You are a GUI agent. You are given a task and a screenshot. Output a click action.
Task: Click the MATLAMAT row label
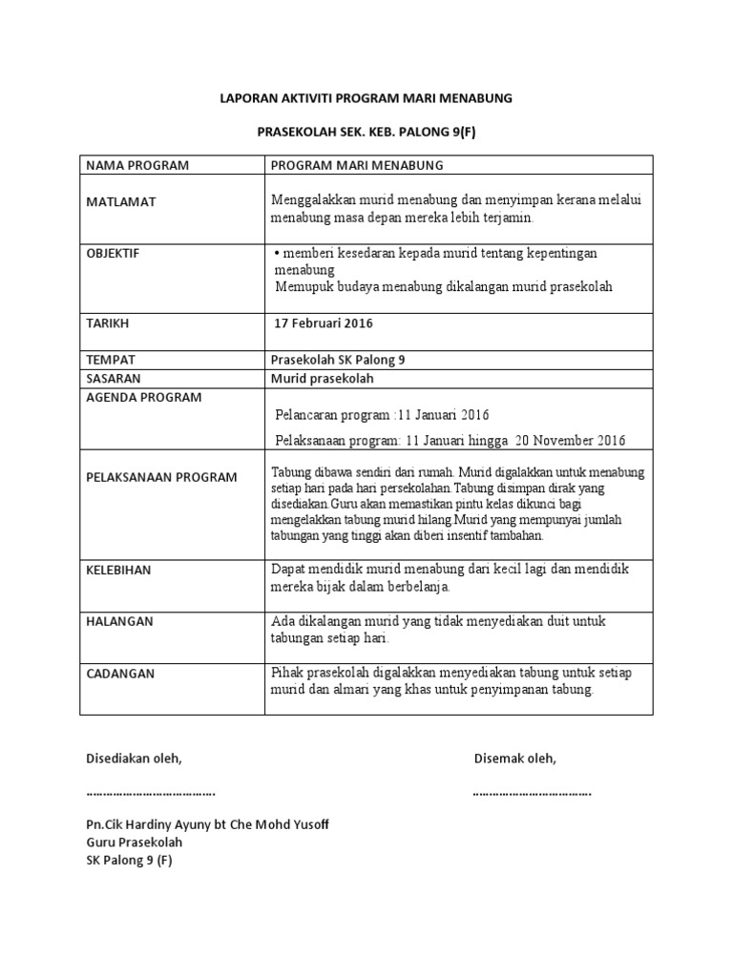pyautogui.click(x=120, y=202)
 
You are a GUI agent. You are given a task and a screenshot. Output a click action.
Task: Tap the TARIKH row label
pyautogui.click(x=107, y=323)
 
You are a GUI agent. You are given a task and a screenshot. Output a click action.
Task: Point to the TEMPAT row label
pyautogui.click(x=110, y=360)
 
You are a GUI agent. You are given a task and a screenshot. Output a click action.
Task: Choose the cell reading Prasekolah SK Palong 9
pyautogui.click(x=345, y=360)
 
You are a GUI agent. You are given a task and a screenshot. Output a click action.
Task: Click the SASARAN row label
pyautogui.click(x=115, y=378)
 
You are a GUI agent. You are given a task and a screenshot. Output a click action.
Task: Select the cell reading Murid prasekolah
pyautogui.click(x=323, y=378)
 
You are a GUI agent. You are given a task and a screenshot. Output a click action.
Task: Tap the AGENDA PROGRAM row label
pyautogui.click(x=143, y=397)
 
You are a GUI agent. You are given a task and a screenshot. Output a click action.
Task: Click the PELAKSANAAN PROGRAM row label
pyautogui.click(x=161, y=477)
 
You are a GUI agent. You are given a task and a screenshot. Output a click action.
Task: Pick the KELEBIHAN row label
pyautogui.click(x=118, y=570)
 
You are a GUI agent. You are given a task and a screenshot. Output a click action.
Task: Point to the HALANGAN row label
pyautogui.click(x=119, y=621)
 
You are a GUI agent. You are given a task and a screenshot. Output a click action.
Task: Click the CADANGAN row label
pyautogui.click(x=119, y=673)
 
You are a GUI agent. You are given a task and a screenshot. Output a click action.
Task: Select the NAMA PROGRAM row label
pyautogui.click(x=137, y=165)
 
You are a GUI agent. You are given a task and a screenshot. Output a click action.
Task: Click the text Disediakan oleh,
pyautogui.click(x=134, y=759)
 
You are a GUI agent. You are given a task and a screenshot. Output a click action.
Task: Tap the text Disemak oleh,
pyautogui.click(x=515, y=759)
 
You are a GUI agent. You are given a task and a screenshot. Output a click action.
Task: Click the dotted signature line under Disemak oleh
pyautogui.click(x=532, y=792)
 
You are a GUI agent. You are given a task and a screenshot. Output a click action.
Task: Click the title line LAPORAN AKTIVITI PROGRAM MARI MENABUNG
pyautogui.click(x=366, y=98)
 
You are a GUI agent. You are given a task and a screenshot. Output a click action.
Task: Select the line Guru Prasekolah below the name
pyautogui.click(x=134, y=842)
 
